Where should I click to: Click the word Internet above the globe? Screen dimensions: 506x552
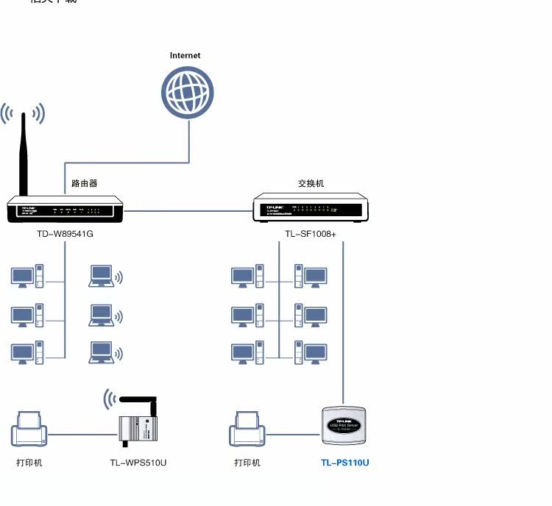tap(185, 55)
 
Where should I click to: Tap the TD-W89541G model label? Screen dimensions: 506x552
tap(66, 235)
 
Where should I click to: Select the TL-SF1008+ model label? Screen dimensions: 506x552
tap(311, 235)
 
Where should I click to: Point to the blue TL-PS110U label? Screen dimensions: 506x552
tap(344, 463)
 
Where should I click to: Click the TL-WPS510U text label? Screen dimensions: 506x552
tap(138, 463)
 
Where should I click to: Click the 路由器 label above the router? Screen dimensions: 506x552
tap(85, 183)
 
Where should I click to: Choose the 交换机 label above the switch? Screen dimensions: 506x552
tap(311, 183)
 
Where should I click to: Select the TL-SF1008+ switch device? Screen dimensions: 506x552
tap(310, 207)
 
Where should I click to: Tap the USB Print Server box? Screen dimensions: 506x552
tap(345, 426)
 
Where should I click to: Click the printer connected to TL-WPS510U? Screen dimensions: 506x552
tap(29, 430)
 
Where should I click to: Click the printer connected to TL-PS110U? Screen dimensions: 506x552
tap(247, 430)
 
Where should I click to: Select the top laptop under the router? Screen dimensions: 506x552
tap(102, 276)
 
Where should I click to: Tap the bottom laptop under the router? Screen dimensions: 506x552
tap(102, 352)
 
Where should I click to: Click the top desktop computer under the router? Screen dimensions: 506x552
tap(26, 277)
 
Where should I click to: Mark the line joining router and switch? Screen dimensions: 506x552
tap(188, 210)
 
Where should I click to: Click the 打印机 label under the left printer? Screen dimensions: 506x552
tap(29, 463)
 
